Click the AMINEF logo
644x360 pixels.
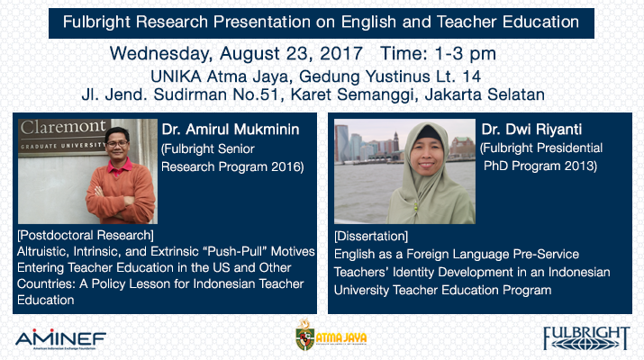[x=60, y=339]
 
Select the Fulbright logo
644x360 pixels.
[x=586, y=338]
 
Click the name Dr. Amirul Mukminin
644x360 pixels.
[x=230, y=130]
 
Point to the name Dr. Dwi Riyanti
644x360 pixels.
[x=531, y=130]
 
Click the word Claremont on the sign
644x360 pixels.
[x=63, y=127]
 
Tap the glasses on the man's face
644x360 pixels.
[x=117, y=144]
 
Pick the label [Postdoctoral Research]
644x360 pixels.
[x=86, y=235]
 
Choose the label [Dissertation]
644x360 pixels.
[x=371, y=236]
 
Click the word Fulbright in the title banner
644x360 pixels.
[x=96, y=22]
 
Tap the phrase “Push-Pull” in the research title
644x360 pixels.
[x=234, y=251]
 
